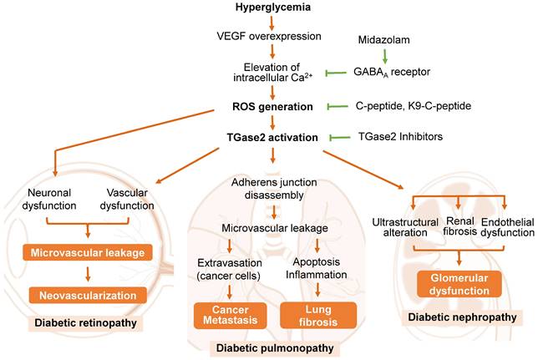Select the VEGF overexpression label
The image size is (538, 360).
tap(270, 38)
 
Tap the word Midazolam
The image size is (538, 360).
tap(383, 38)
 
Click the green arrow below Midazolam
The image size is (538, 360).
tap(383, 55)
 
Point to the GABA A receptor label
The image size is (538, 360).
tap(394, 73)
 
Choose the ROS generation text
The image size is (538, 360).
tap(272, 107)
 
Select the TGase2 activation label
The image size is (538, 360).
tap(272, 135)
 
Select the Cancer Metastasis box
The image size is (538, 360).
tap(216, 314)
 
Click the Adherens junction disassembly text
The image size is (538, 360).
tap(270, 189)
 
